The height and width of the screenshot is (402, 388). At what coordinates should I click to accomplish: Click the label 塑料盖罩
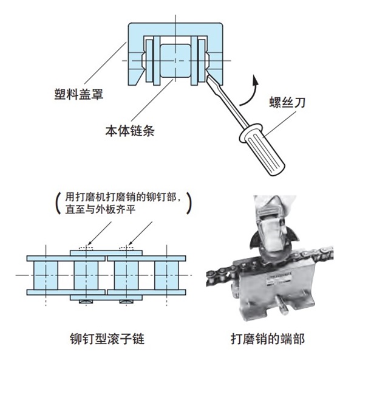78,94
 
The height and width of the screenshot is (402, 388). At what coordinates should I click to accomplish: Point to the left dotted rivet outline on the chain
84,248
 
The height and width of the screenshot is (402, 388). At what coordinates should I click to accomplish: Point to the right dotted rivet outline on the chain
128,248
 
